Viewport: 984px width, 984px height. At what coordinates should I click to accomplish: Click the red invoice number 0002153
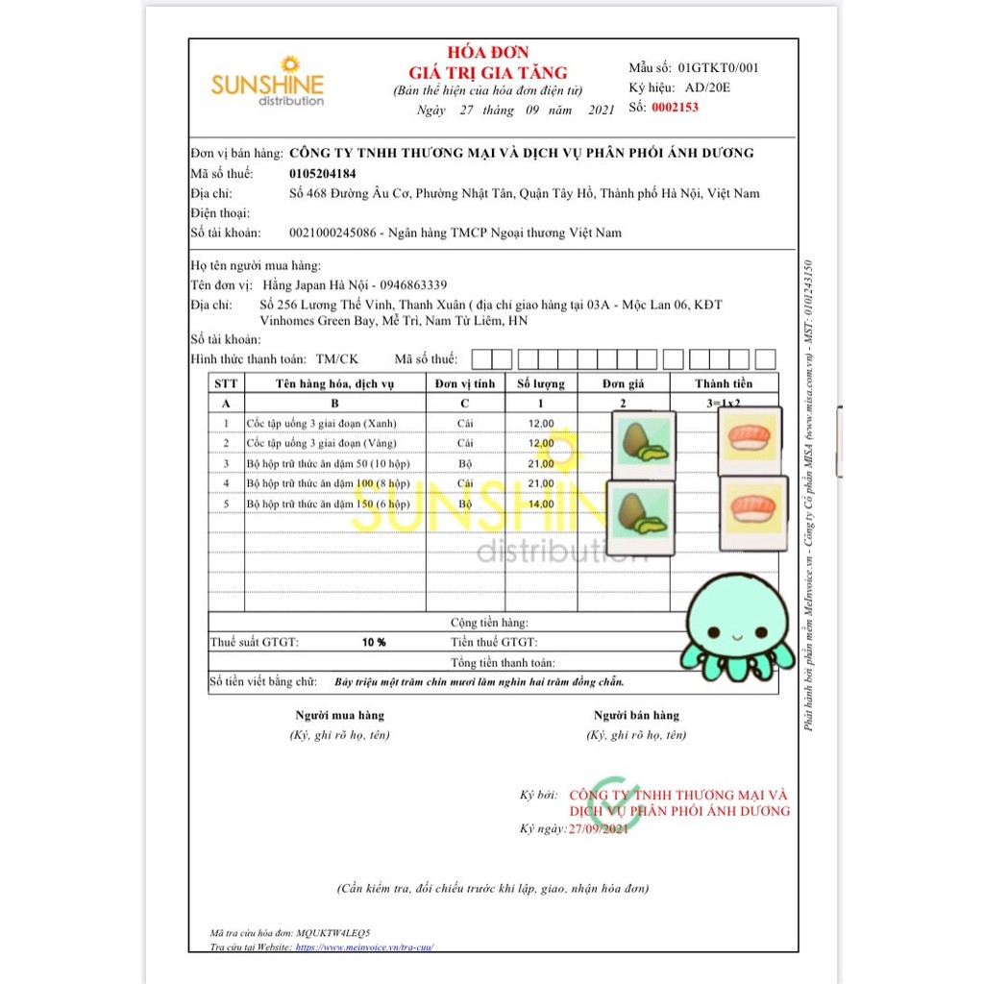pyautogui.click(x=675, y=108)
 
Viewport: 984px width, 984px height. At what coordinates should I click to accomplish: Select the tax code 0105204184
pyautogui.click(x=322, y=174)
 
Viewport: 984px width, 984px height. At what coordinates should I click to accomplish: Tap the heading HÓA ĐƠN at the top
pyautogui.click(x=487, y=53)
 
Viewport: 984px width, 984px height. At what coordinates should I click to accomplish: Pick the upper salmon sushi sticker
pyautogui.click(x=750, y=439)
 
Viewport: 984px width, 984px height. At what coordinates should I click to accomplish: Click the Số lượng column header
pyautogui.click(x=541, y=383)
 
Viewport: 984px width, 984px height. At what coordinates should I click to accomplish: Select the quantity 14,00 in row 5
pyautogui.click(x=541, y=504)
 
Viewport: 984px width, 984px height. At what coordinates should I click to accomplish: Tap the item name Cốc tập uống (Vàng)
pyautogui.click(x=321, y=443)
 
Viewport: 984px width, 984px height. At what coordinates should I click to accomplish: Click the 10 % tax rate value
pyautogui.click(x=374, y=642)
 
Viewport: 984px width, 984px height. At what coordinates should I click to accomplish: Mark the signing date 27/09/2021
pyautogui.click(x=598, y=828)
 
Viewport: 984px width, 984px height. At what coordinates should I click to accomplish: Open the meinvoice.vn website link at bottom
pyautogui.click(x=371, y=947)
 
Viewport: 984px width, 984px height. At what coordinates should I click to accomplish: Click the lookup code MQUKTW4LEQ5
pyautogui.click(x=333, y=933)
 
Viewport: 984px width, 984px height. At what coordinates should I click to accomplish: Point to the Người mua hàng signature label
pyautogui.click(x=339, y=715)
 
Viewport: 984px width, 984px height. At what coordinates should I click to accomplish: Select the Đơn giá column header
pyautogui.click(x=623, y=383)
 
